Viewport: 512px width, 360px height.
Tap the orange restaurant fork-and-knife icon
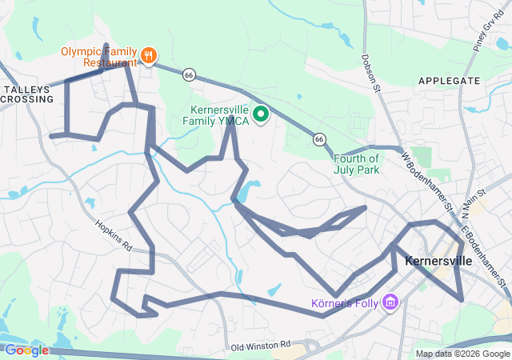[x=148, y=56]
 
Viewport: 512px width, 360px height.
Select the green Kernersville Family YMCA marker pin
[x=260, y=115]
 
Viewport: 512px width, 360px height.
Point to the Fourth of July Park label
[x=356, y=163]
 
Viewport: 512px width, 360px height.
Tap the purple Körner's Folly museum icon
[x=390, y=302]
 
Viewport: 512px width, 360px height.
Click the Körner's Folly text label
[x=345, y=303]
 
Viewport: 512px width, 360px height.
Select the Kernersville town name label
[x=441, y=261]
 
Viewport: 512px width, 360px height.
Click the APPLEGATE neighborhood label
[x=449, y=81]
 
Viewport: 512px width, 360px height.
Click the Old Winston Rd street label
[x=260, y=346]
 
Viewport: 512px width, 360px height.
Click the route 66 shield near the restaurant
[x=189, y=74]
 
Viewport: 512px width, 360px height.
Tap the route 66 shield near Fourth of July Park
[x=319, y=138]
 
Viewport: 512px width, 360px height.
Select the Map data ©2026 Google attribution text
[x=462, y=354]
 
